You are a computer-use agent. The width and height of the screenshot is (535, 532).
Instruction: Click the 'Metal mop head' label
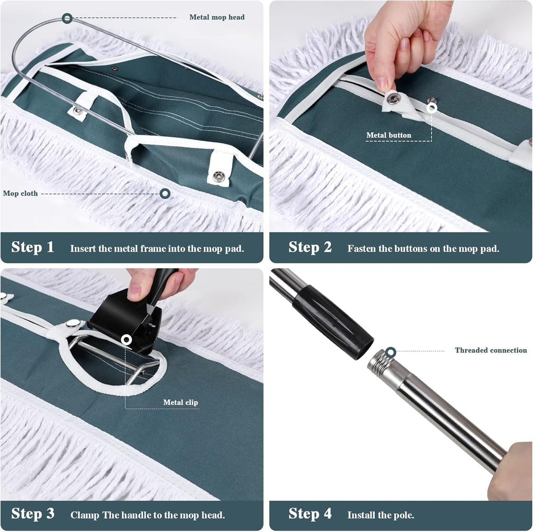[217, 17]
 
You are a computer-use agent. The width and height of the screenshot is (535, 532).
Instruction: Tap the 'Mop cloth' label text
[20, 194]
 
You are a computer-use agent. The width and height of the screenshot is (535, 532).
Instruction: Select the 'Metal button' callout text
[389, 135]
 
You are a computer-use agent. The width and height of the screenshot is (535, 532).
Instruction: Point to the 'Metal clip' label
[181, 402]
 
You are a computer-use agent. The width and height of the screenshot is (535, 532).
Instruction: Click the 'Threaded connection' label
[491, 350]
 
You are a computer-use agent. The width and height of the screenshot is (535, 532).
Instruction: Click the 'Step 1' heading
[32, 247]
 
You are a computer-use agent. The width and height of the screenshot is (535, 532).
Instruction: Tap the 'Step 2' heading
[310, 247]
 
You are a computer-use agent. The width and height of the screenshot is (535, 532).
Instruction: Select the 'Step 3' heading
[32, 514]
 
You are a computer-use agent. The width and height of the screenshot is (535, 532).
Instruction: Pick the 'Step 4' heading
[310, 514]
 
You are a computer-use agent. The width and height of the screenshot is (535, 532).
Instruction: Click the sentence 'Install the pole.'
[381, 515]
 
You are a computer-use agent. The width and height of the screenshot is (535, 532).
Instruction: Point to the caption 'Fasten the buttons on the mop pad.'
[423, 249]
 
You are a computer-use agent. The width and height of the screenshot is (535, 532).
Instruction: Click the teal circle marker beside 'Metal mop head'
[67, 18]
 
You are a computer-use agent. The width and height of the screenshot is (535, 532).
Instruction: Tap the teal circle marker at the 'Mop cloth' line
[165, 194]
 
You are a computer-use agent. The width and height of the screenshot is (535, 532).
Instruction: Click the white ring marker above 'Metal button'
[432, 109]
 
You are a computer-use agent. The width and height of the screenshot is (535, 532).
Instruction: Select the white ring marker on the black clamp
[126, 340]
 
